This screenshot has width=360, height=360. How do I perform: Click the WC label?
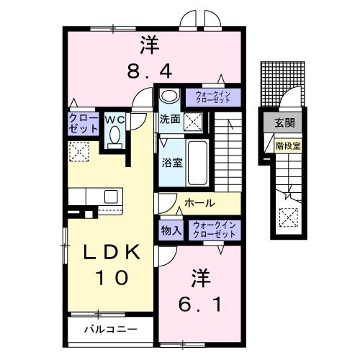[x=115, y=120]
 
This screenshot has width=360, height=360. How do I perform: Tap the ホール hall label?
[x=199, y=204]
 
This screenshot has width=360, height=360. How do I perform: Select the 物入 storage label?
[x=171, y=230]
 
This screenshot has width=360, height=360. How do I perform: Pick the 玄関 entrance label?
[x=284, y=123]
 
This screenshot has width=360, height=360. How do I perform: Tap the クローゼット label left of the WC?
[x=84, y=123]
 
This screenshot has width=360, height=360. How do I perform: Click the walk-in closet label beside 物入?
[x=214, y=230]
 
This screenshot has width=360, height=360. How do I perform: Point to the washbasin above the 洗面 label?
[x=168, y=97]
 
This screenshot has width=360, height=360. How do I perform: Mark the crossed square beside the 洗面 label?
[x=192, y=121]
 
